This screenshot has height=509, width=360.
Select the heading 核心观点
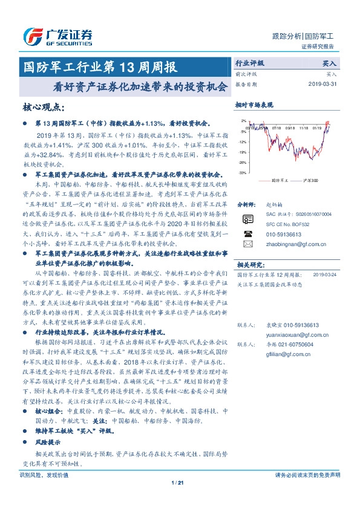42,107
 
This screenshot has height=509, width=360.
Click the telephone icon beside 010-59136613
247,233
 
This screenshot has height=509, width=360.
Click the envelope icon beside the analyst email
247,244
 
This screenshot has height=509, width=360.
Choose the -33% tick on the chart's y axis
242,173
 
